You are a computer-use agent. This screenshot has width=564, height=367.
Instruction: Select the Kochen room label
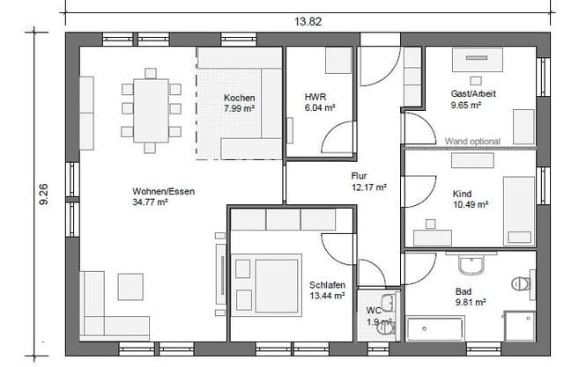coord(239,98)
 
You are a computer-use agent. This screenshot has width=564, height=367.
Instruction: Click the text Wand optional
coord(472,141)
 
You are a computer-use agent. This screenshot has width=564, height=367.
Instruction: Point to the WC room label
coord(374,310)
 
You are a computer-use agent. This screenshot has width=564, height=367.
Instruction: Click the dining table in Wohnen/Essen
coord(151,109)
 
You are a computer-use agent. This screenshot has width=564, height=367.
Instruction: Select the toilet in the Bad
coord(521,283)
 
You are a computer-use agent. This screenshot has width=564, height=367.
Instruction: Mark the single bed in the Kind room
coord(518,211)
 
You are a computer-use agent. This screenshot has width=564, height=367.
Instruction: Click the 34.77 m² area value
coord(150,202)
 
